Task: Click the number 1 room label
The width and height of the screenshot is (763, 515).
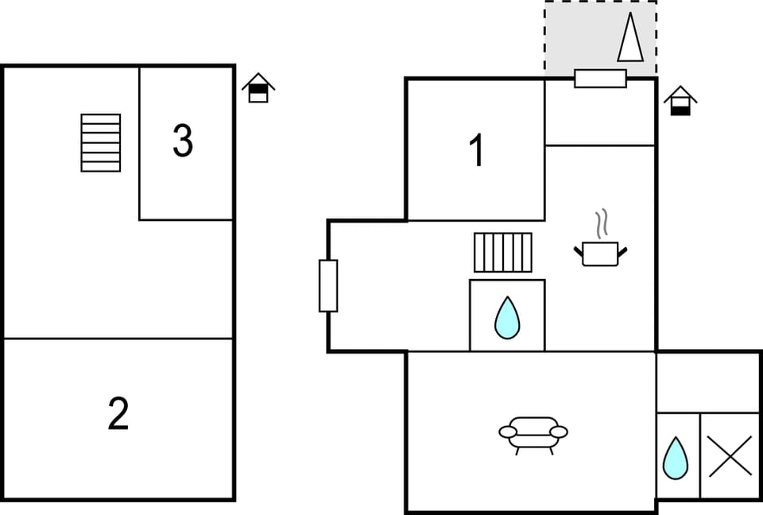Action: tap(477, 150)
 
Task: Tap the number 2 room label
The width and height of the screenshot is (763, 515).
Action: tap(118, 413)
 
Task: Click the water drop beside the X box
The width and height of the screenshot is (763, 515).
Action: tap(676, 458)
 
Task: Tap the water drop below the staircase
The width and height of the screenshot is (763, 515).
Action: tap(507, 318)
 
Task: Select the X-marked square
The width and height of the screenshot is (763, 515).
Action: tap(730, 456)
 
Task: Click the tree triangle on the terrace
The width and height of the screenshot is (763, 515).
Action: tap(630, 37)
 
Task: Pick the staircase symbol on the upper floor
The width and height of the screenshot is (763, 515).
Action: tap(101, 142)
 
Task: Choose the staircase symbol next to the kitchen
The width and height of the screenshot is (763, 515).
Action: tap(503, 252)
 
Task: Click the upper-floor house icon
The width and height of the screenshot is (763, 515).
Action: tap(258, 87)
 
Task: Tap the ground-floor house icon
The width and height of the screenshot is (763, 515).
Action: tap(680, 101)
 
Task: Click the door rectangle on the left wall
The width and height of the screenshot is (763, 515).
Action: tap(328, 286)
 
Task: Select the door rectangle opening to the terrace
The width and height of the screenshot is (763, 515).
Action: tap(601, 79)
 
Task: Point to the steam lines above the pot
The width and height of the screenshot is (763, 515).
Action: tap(602, 224)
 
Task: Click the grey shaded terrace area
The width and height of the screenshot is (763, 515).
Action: tap(601, 37)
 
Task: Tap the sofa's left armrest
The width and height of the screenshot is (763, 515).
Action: tap(508, 432)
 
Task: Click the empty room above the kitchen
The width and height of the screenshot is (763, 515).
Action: tap(600, 113)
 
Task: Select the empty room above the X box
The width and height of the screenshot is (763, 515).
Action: tap(707, 382)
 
